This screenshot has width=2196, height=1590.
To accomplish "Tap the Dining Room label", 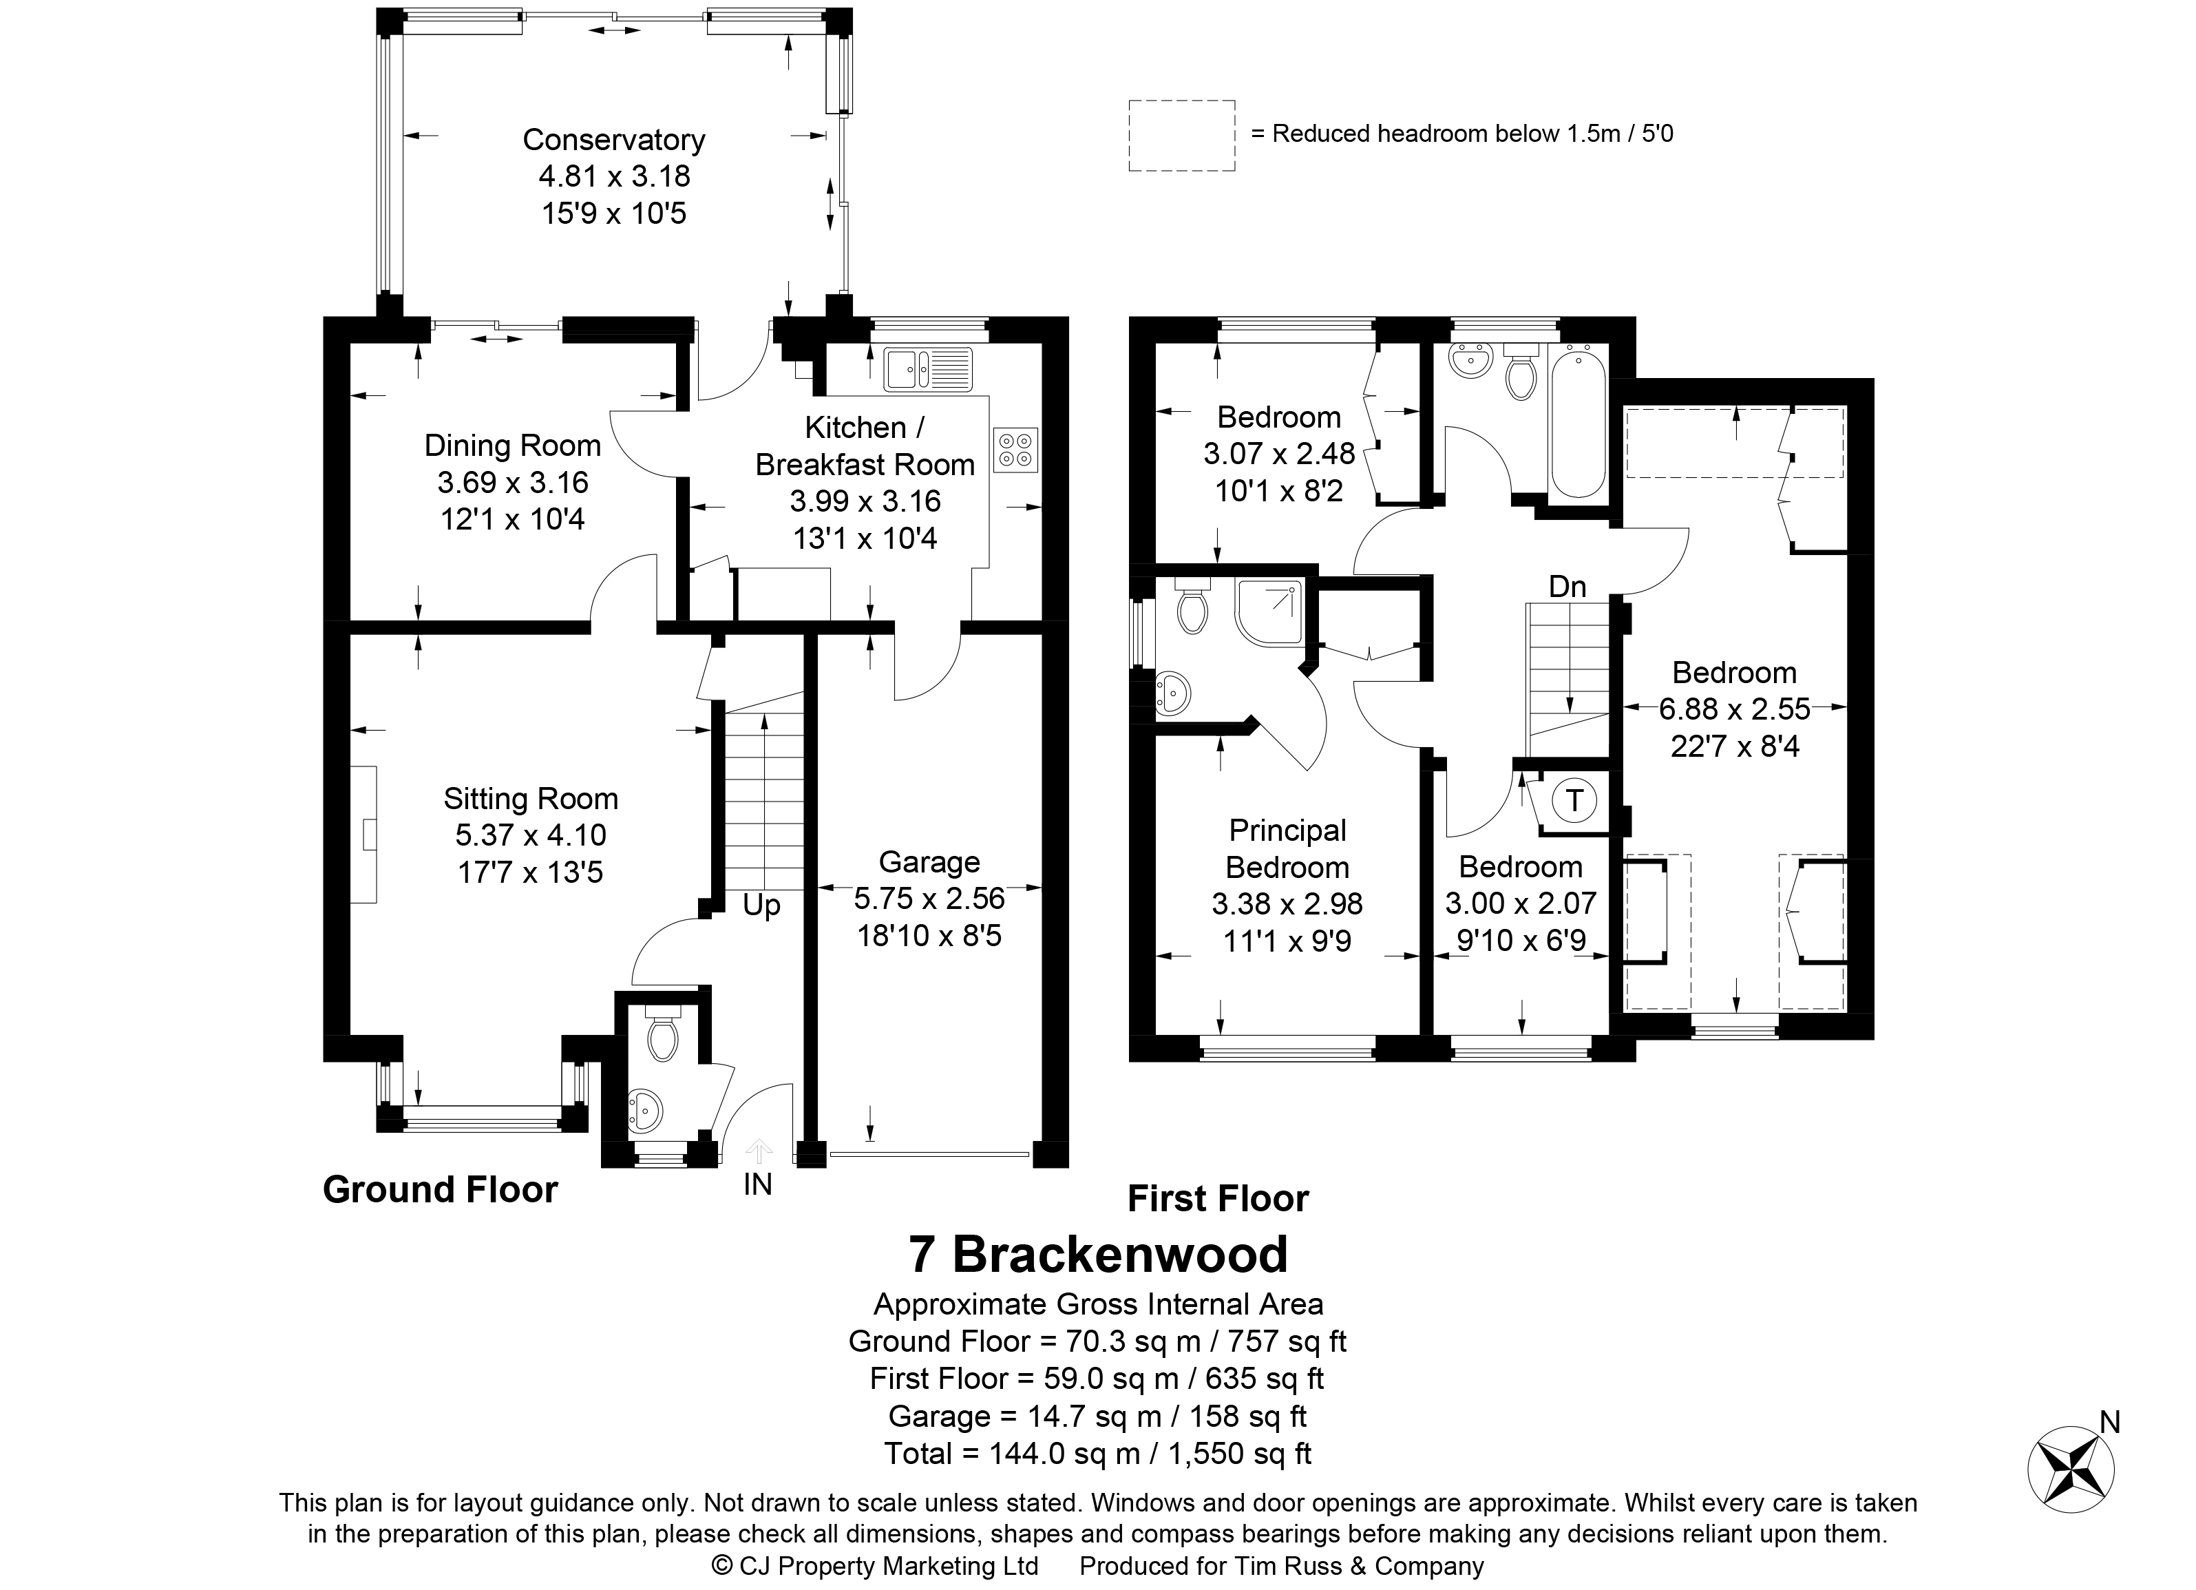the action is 512,446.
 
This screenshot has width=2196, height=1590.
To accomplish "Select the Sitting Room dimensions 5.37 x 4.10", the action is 531,835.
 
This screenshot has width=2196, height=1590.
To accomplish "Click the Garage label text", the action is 929,862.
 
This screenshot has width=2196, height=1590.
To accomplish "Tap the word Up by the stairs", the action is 762,906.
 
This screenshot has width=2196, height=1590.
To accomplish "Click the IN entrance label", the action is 758,1184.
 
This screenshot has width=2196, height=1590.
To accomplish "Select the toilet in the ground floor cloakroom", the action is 663,1034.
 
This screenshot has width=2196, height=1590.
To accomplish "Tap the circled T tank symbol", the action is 1574,801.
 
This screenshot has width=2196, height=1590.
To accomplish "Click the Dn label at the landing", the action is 1567,586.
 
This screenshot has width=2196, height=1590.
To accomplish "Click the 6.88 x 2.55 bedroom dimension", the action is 1734,710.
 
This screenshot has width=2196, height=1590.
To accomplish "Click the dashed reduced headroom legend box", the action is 1182,136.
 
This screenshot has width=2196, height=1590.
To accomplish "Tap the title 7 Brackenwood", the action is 1098,1255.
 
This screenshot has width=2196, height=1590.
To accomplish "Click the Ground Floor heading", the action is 441,1190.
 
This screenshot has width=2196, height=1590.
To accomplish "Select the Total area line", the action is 1098,1454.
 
